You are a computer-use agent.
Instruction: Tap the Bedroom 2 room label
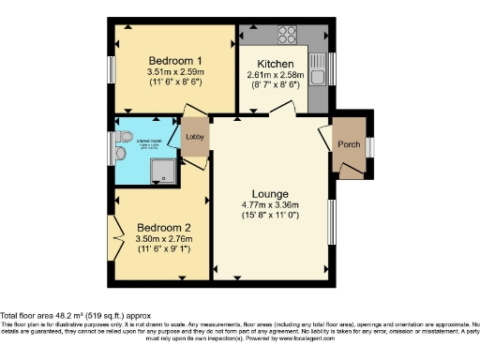point(164,227)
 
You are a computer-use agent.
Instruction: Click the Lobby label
point(194,139)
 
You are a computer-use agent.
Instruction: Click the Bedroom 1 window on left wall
point(110,70)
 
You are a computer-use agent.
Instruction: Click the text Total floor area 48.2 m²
point(69,316)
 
